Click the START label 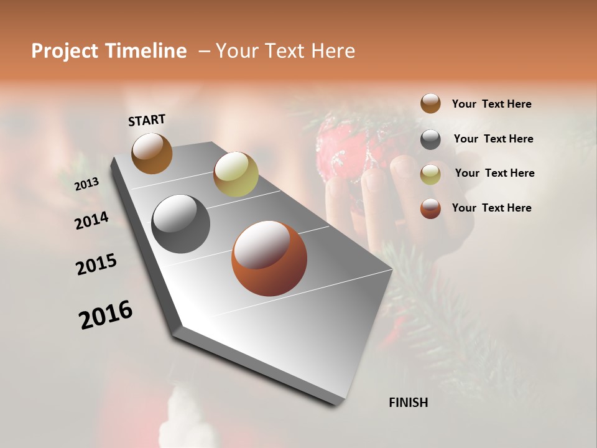click(147, 120)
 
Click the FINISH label click(408, 403)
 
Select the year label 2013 click(86, 184)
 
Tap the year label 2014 click(91, 221)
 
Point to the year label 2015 click(96, 264)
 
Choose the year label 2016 click(106, 315)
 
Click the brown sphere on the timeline click(152, 154)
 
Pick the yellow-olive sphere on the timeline click(236, 174)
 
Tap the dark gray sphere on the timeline click(180, 224)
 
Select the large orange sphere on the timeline click(269, 258)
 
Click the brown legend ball click(430, 103)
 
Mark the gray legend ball click(430, 139)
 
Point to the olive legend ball click(430, 174)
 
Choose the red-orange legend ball click(430, 208)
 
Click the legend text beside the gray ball click(493, 139)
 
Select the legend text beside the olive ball click(494, 173)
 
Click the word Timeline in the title click(146, 51)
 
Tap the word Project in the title click(65, 51)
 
